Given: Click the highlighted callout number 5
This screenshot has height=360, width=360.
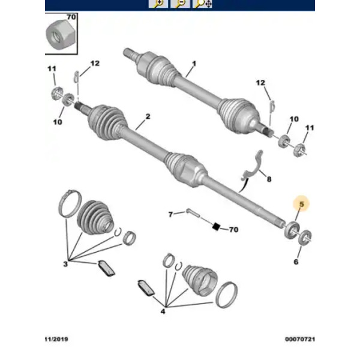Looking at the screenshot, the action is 301,204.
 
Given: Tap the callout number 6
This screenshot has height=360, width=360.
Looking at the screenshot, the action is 296,262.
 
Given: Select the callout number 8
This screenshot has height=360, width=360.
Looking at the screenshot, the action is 269,179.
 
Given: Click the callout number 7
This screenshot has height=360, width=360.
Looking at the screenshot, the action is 170,214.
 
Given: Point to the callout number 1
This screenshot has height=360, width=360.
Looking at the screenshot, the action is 194,64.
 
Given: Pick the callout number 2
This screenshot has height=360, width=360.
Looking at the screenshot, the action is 148,116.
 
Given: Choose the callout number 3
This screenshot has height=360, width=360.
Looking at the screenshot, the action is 65,264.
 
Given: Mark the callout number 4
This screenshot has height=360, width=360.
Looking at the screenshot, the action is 163,311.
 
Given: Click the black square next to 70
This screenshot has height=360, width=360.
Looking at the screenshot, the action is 216,227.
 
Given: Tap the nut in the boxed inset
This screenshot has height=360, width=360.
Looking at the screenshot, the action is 60,34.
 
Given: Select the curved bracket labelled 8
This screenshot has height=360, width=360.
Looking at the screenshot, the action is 252,165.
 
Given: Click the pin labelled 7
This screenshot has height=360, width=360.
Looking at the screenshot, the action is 193,212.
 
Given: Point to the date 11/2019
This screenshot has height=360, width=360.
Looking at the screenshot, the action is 56,339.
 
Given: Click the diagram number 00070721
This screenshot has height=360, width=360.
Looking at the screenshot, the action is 300,339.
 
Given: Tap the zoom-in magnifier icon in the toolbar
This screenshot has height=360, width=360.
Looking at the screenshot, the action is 158,4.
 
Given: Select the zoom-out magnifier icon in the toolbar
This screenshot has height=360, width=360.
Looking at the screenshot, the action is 180,4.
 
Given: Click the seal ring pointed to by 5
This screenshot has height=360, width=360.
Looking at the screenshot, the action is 292,230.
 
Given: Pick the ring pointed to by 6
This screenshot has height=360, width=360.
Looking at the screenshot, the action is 305,238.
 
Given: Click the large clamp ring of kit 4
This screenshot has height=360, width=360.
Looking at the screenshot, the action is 227,295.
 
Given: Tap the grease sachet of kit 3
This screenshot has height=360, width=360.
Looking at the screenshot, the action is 106,268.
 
